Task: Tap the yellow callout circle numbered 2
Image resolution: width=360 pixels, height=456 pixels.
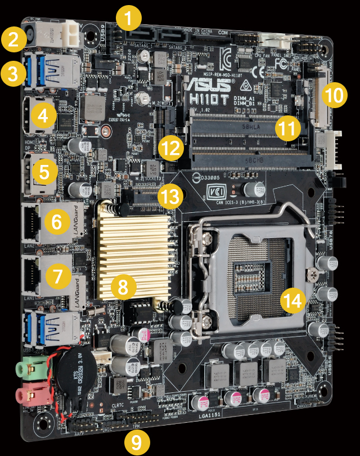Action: [12, 39]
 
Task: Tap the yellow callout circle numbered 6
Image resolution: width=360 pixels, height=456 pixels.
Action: [57, 222]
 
